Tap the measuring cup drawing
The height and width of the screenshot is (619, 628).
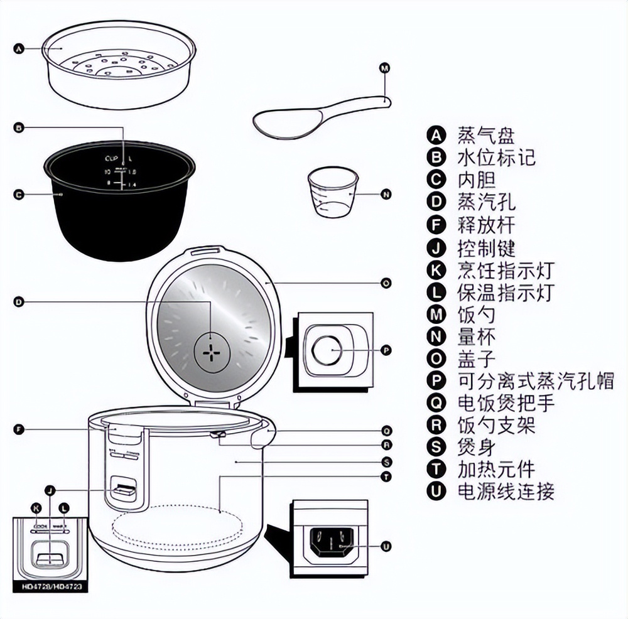(332, 192)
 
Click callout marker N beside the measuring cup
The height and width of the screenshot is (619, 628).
(386, 195)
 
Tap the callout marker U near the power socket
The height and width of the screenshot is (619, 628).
(386, 547)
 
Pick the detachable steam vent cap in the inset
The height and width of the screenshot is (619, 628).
(327, 350)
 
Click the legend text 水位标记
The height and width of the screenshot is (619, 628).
(497, 158)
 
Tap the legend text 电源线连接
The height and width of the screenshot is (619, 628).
(506, 491)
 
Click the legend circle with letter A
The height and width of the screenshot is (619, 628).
(435, 135)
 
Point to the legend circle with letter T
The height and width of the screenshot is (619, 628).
(435, 469)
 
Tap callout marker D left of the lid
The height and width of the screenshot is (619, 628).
(19, 303)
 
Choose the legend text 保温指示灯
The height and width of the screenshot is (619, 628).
(506, 292)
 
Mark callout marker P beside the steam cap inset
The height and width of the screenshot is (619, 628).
(386, 350)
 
